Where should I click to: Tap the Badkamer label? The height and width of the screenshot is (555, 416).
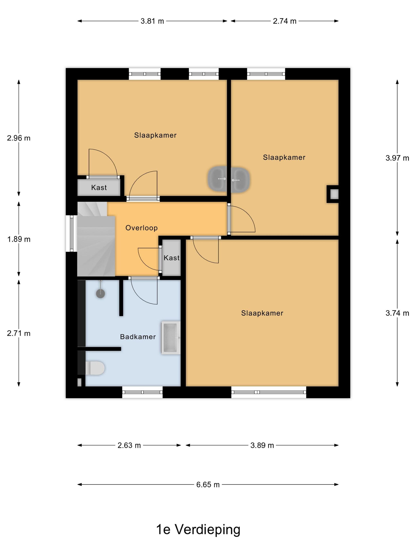pos(138,337)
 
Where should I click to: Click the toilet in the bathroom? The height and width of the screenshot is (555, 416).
pos(95,368)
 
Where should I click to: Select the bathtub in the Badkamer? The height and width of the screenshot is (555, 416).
pos(171,338)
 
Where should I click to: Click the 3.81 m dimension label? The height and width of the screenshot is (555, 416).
pos(152,21)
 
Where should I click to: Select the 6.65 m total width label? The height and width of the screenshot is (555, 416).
pos(208,484)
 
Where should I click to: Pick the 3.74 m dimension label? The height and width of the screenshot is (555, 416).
pos(397,313)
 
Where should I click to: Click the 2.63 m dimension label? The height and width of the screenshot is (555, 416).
pos(129,445)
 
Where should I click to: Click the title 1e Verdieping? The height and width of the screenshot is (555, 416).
pos(198,530)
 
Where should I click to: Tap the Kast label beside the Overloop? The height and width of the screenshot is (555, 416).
pos(172,258)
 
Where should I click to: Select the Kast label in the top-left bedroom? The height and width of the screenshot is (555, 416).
pos(99,188)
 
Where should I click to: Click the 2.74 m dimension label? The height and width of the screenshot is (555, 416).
pos(285,21)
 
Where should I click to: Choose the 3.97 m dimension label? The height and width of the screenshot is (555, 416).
pos(397,158)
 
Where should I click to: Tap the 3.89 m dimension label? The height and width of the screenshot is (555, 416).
pos(262,445)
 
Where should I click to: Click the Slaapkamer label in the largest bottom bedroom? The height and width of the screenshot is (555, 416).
pos(262,313)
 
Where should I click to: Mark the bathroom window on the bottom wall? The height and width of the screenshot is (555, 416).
pos(142,392)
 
